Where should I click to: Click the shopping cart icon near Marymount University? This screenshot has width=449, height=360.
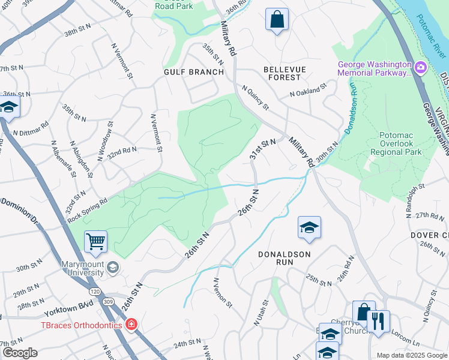pyautogui.click(x=95, y=242)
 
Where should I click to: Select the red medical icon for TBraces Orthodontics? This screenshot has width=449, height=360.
pyautogui.click(x=131, y=325)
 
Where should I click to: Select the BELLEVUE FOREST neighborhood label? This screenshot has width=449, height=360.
pyautogui.click(x=285, y=73)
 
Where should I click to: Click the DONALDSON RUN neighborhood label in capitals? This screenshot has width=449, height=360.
pyautogui.click(x=284, y=254)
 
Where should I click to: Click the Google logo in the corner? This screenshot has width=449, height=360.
pyautogui.click(x=19, y=353)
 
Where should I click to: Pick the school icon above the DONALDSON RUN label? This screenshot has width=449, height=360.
pyautogui.click(x=309, y=227)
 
